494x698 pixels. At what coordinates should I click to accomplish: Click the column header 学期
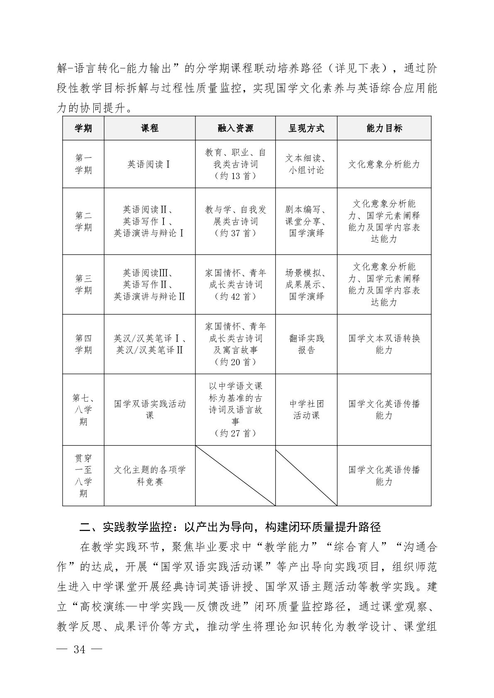83,128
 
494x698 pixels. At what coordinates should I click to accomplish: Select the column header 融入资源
235,128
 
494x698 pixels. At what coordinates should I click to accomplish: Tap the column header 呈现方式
306,128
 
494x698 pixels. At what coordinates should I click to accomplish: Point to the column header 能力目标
384,128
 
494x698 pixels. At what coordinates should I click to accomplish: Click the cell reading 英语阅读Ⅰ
149,165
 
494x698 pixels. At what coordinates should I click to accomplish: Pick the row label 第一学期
83,164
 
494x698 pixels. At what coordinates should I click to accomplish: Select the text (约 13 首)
235,176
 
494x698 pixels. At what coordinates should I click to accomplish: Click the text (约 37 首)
235,233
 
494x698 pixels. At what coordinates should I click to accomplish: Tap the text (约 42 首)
235,297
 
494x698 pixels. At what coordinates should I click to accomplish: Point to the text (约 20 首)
235,362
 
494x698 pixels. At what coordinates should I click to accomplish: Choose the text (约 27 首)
235,434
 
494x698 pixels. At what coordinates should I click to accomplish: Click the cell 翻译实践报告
306,344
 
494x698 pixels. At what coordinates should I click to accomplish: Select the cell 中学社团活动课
306,410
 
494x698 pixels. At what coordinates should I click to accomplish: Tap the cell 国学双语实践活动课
149,410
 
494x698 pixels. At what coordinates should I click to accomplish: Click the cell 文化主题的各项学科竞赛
149,475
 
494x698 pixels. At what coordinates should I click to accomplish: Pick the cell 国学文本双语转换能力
384,344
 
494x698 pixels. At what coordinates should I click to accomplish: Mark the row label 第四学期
83,344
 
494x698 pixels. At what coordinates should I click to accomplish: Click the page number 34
79,649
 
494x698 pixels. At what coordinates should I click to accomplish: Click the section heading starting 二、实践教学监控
230,527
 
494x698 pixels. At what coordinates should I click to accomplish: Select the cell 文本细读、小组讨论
306,164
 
